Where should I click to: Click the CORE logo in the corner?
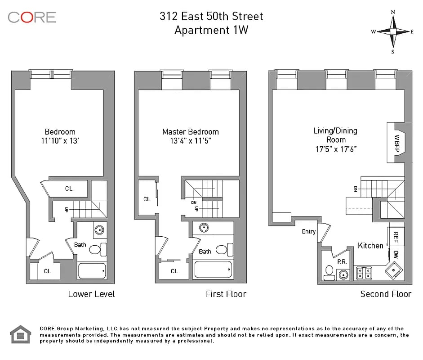click(x=32, y=18)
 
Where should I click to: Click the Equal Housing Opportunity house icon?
click(x=20, y=334)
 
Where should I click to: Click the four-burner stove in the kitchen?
click(x=363, y=273)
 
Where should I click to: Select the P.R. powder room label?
click(x=342, y=261)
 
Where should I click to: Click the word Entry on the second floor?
click(x=309, y=232)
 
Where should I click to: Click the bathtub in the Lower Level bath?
click(x=92, y=271)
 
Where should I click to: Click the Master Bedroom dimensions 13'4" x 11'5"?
click(x=190, y=141)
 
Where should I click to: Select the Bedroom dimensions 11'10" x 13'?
click(x=60, y=141)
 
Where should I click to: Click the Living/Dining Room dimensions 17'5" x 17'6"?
click(x=336, y=149)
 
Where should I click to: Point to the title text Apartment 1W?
click(x=211, y=30)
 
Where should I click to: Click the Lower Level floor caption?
click(x=91, y=294)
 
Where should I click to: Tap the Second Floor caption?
click(x=386, y=294)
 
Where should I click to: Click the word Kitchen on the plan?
click(x=370, y=245)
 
